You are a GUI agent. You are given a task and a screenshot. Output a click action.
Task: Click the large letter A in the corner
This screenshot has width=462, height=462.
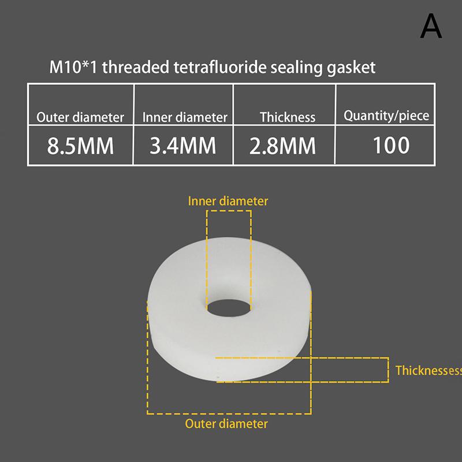pyautogui.click(x=431, y=26)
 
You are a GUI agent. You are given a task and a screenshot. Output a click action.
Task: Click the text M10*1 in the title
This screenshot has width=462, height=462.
pyautogui.click(x=73, y=67)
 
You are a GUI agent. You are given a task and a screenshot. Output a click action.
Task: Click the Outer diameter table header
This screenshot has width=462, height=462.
pyautogui.click(x=80, y=117)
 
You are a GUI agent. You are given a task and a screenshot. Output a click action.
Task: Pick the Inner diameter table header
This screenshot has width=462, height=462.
pyautogui.click(x=185, y=117)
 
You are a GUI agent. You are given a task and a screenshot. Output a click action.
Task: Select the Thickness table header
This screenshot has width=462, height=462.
pyautogui.click(x=288, y=117)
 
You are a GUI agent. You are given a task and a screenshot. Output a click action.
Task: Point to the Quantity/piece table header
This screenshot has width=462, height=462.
pyautogui.click(x=386, y=116)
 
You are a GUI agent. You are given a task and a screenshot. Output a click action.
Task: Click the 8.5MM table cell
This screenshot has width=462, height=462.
pyautogui.click(x=80, y=146)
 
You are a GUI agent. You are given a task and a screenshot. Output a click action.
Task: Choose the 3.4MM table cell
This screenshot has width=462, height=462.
pyautogui.click(x=183, y=146)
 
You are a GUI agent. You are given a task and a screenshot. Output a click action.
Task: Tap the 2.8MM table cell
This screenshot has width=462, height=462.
pyautogui.click(x=282, y=146)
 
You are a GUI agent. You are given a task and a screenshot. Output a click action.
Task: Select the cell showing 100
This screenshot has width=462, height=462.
pyautogui.click(x=391, y=146)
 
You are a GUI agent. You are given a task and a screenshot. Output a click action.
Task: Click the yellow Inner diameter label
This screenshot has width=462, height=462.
pyautogui.click(x=228, y=201)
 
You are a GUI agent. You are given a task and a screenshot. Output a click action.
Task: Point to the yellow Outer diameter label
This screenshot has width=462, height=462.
pyautogui.click(x=226, y=424)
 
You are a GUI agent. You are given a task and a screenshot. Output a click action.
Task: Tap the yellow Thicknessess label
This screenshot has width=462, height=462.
pyautogui.click(x=429, y=370)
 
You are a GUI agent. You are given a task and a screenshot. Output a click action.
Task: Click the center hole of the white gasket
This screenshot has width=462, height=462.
pyautogui.click(x=229, y=308)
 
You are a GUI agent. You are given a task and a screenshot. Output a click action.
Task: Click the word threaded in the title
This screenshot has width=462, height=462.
pyautogui.click(x=136, y=67)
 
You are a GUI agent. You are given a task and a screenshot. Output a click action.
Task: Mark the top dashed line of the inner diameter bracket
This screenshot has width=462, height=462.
pyautogui.click(x=229, y=211)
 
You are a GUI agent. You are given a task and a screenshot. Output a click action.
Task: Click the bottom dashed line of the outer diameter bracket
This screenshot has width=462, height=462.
pyautogui.click(x=229, y=413)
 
